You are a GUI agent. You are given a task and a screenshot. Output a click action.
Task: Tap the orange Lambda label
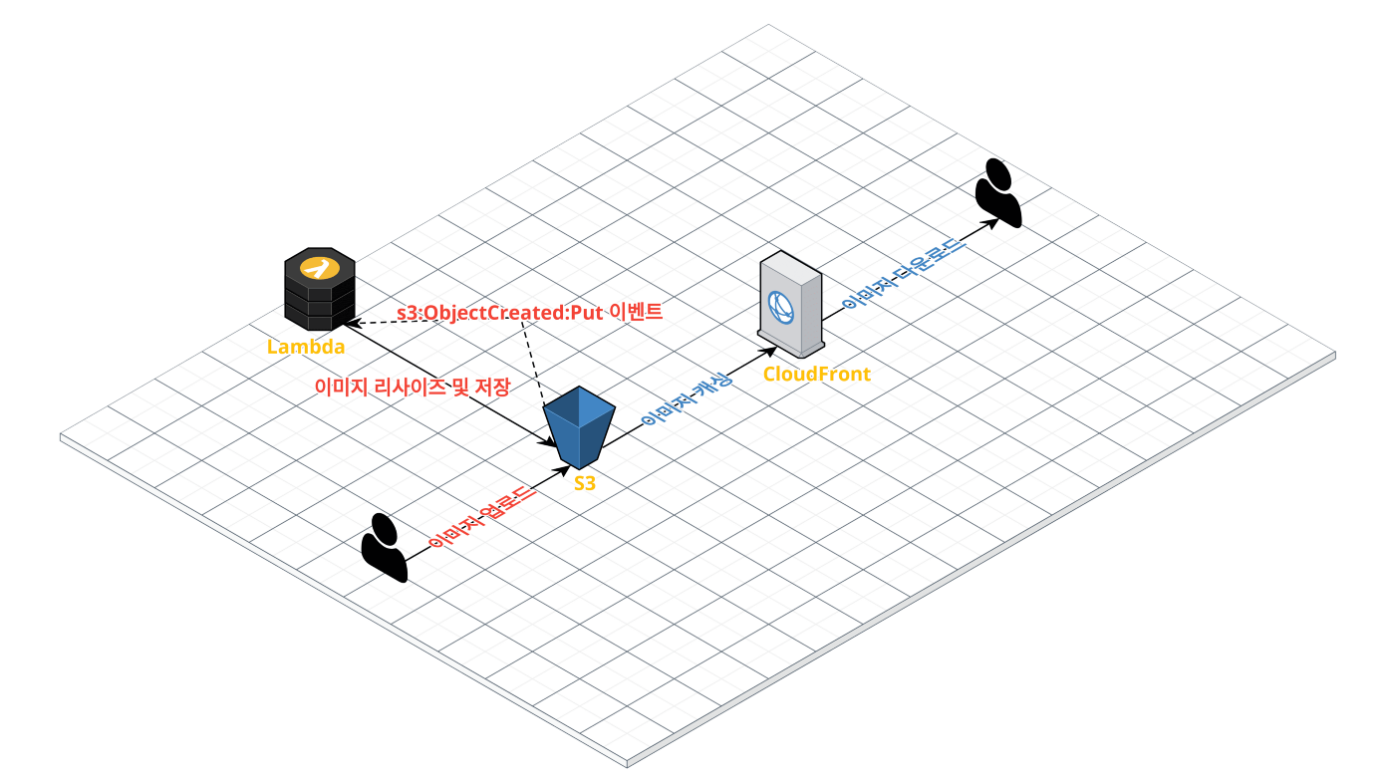tap(306, 347)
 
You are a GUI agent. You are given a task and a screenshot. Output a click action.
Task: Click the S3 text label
tap(586, 483)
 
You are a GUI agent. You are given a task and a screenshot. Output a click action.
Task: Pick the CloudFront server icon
tap(791, 304)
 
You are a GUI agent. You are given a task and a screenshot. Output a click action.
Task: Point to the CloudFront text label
tap(816, 374)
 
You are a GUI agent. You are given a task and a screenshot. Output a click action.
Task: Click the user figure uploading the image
tap(384, 547)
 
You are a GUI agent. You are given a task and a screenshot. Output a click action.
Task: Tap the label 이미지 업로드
tap(482, 517)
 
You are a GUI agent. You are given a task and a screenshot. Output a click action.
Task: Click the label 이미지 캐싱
tap(687, 400)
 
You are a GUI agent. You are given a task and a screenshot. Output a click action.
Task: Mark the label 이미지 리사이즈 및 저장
tap(412, 386)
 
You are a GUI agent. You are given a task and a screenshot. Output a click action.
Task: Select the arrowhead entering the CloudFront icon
tap(769, 350)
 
